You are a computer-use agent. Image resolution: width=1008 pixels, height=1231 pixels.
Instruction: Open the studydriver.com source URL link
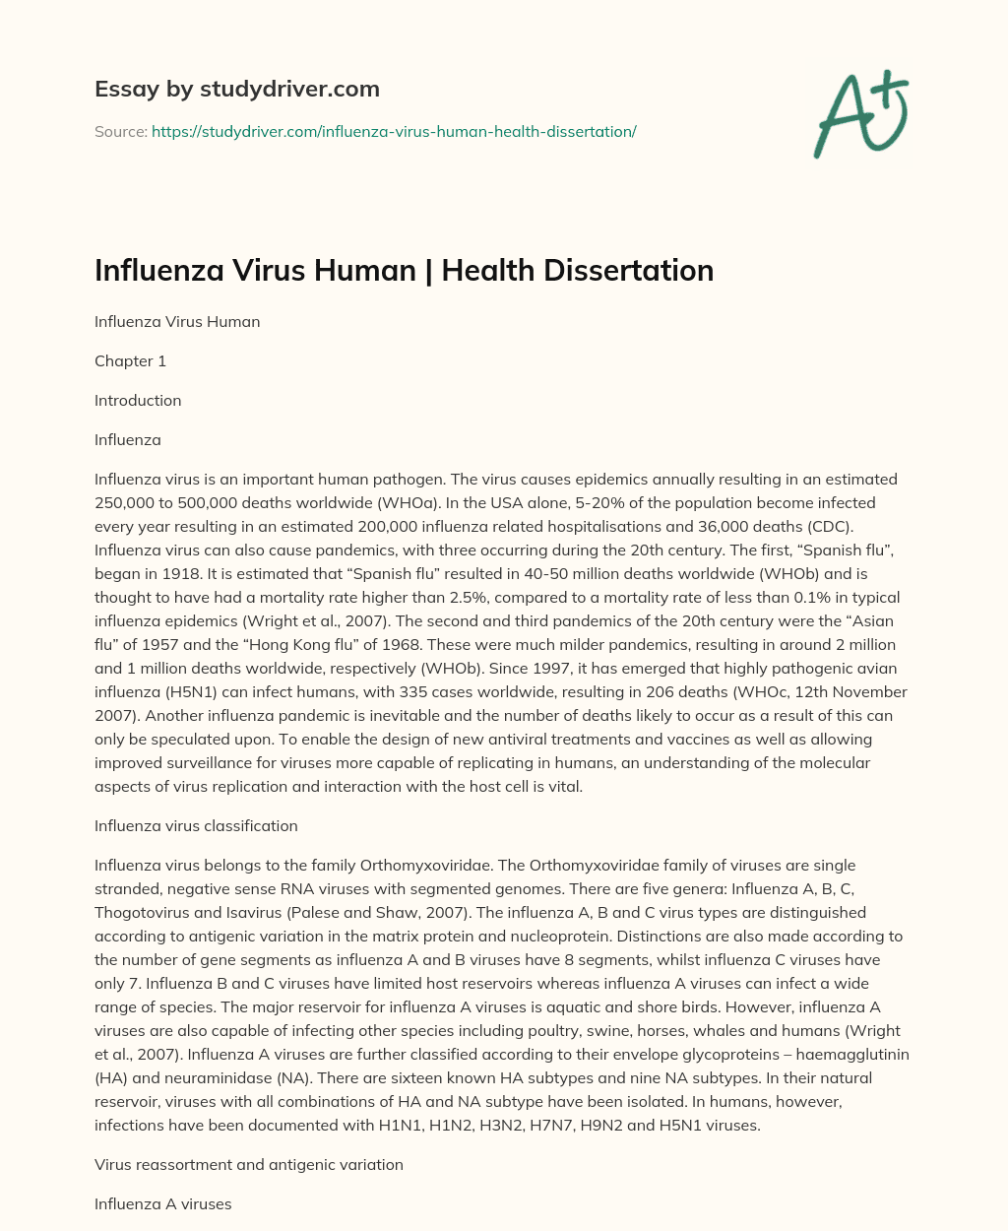point(394,131)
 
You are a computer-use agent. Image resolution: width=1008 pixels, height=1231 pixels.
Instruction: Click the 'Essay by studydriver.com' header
point(237,89)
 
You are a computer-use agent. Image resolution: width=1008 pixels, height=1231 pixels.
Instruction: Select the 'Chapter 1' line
point(130,361)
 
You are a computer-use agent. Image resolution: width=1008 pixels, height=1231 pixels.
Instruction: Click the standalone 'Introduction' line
point(138,401)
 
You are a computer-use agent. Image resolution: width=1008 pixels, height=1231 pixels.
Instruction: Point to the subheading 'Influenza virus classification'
point(196,826)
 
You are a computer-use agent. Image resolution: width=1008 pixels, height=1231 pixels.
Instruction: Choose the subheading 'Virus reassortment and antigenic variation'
point(249,1165)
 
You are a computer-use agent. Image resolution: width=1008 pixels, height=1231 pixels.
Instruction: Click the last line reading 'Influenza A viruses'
point(162,1204)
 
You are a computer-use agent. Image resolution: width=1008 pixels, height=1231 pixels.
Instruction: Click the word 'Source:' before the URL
point(121,131)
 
